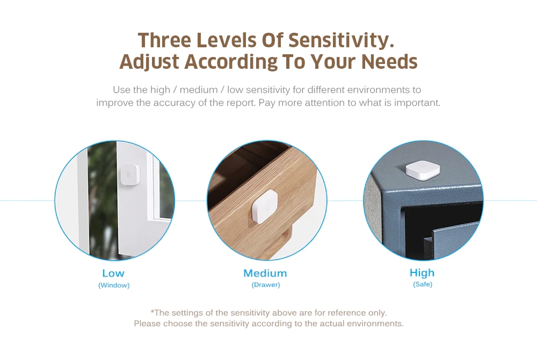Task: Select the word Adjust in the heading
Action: click(149, 62)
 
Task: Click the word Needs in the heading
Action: click(389, 62)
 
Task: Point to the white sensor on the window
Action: click(129, 175)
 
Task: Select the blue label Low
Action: click(113, 273)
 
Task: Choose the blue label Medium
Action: click(265, 273)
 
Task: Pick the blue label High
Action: click(422, 273)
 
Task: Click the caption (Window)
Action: click(114, 285)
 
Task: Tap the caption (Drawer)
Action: click(266, 285)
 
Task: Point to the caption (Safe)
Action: click(422, 284)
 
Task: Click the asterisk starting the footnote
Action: click(152, 311)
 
